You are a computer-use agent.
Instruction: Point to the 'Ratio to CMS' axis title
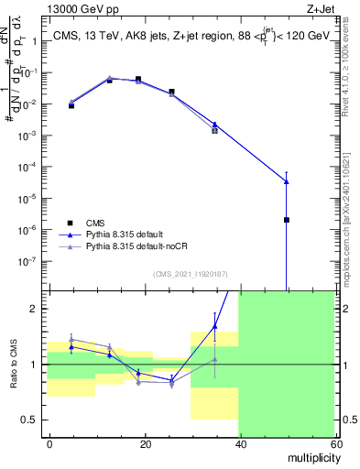tap(12, 365)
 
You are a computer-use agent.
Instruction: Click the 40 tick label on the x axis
tap(239, 443)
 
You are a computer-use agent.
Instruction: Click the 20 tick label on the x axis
tap(145, 443)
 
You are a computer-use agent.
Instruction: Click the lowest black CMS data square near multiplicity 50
tap(287, 220)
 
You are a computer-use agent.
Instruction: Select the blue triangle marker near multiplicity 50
tap(287, 181)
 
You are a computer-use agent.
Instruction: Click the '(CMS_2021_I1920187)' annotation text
tap(190, 273)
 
